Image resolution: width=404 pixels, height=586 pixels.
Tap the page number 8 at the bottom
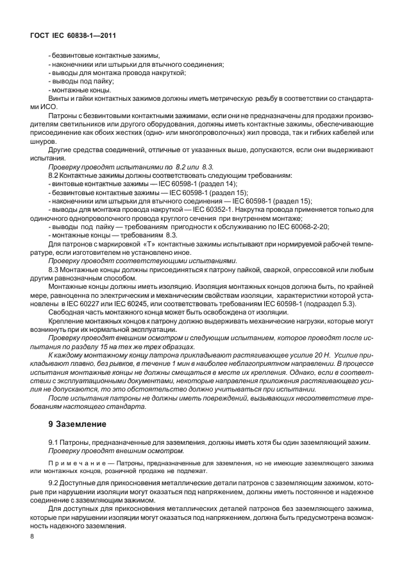[32, 553]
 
